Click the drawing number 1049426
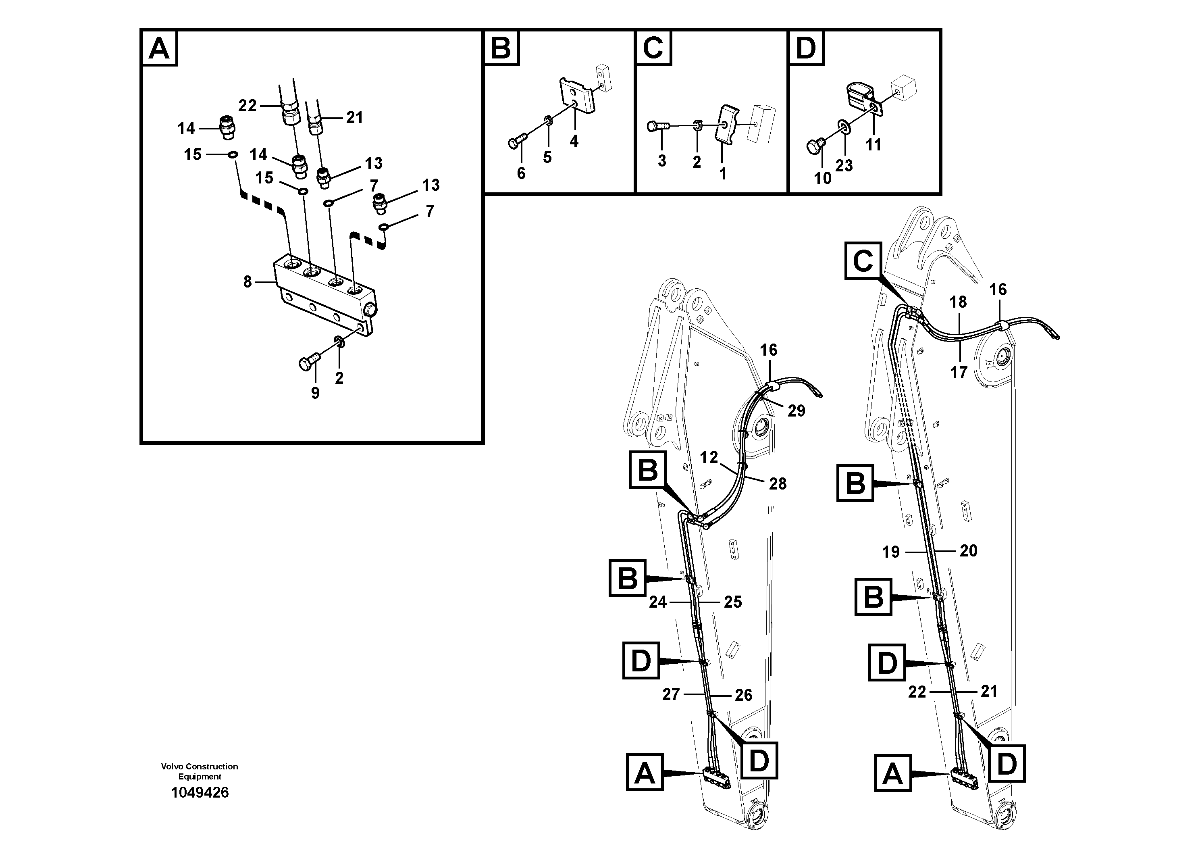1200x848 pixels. tap(200, 793)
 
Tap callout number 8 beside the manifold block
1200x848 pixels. tap(248, 282)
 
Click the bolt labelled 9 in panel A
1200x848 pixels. tap(307, 363)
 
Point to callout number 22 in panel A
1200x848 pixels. tap(248, 106)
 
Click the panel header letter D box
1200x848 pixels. tap(805, 48)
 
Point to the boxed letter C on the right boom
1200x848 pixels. tap(863, 260)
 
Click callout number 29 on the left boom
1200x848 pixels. tap(796, 411)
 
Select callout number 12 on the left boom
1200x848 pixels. tap(709, 457)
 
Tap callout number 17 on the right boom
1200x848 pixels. tap(959, 372)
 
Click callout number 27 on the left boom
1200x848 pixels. tap(671, 694)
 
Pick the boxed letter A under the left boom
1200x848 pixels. tap(645, 773)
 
